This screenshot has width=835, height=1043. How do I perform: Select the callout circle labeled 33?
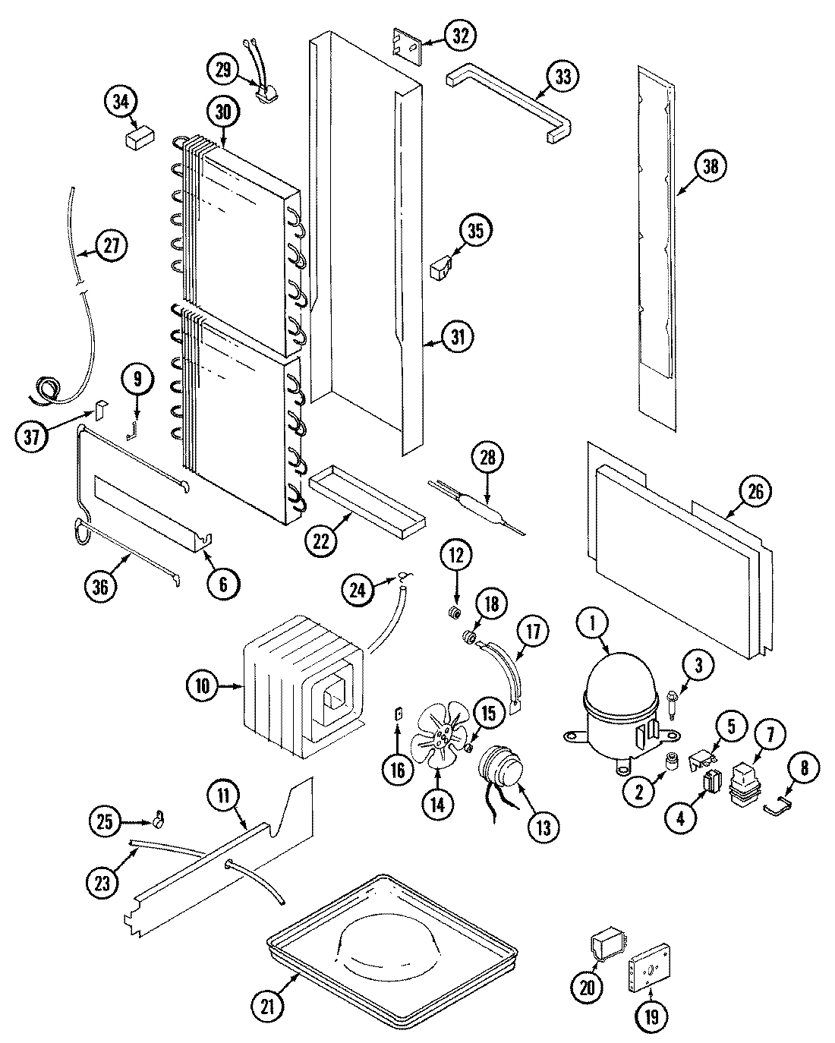pyautogui.click(x=562, y=77)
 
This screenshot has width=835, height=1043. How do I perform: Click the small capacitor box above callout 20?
pyautogui.click(x=604, y=948)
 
